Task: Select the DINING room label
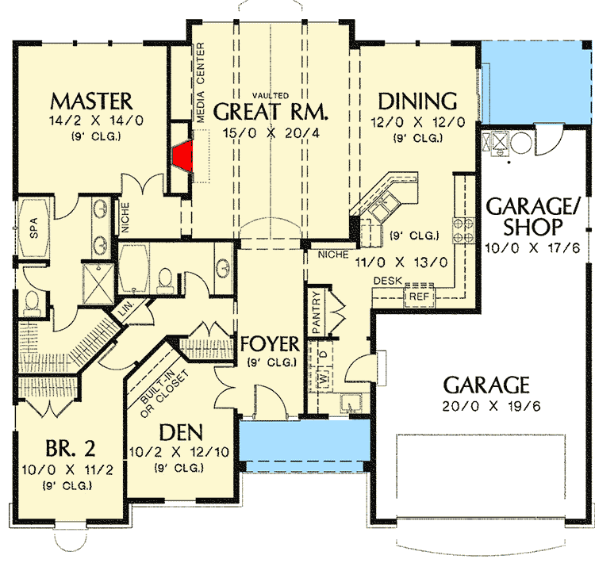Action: [416, 101]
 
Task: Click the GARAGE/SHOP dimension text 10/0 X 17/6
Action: [525, 248]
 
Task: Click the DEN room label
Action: [182, 433]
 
